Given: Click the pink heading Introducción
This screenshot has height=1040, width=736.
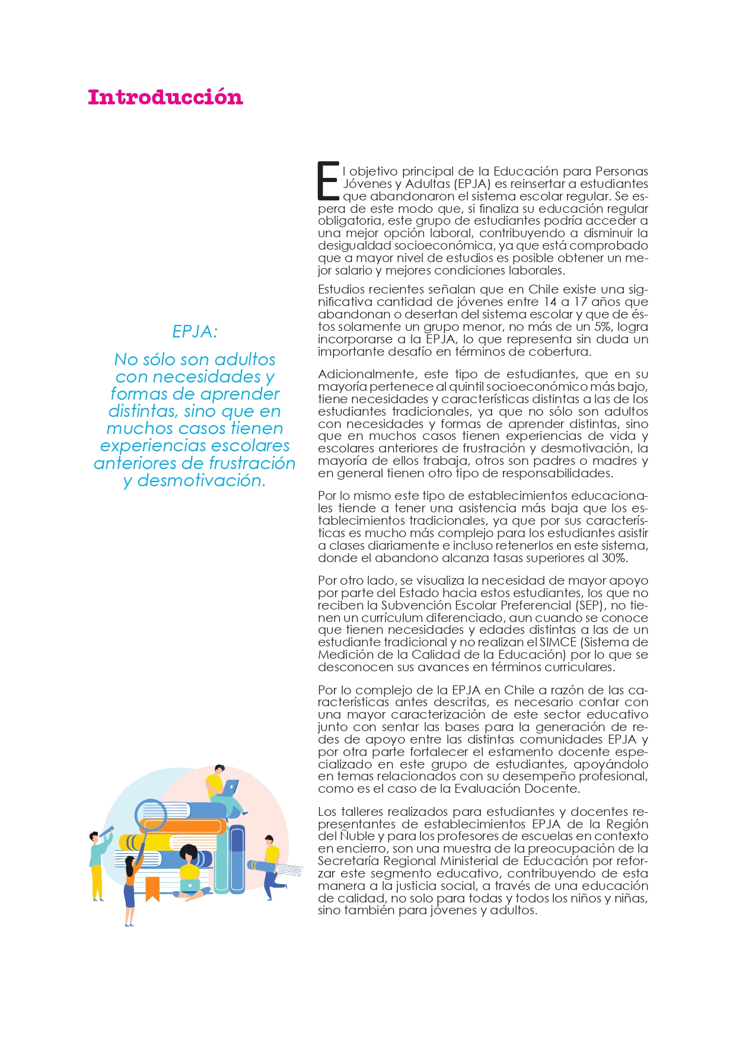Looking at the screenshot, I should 165,97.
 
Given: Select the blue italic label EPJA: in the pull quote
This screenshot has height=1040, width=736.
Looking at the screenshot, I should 195,331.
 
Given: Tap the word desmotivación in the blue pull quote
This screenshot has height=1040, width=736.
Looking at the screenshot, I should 200,480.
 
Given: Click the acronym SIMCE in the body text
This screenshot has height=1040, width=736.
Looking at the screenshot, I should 557,642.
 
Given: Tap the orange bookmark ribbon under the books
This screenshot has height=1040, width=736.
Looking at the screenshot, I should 152,888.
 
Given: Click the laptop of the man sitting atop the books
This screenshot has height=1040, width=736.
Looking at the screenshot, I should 230,788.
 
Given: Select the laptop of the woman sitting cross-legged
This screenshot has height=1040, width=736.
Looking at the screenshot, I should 190,886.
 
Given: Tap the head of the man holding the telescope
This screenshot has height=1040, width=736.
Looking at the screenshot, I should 94,836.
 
